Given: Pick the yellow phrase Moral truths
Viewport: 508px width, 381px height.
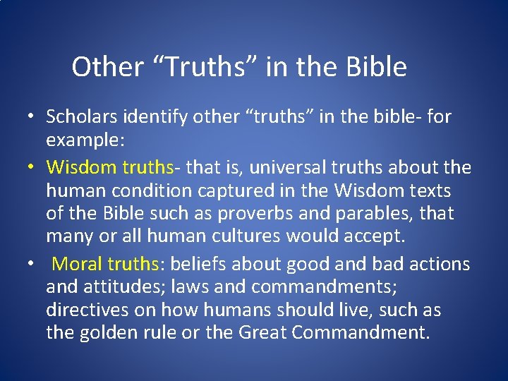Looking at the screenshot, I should pos(107,264).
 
